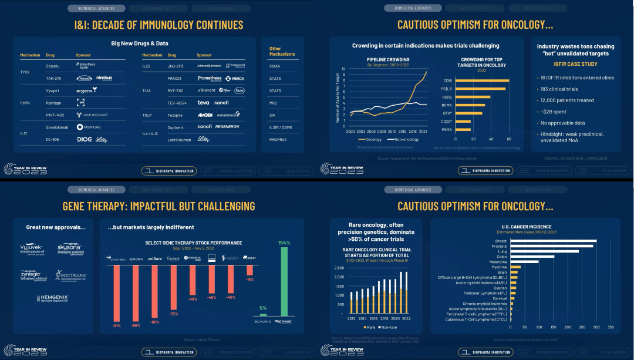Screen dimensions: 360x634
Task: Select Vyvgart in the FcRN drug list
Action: (53, 90)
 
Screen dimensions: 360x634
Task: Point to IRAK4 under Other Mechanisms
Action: (275, 66)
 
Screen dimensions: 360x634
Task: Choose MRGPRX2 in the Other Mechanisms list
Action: (277, 140)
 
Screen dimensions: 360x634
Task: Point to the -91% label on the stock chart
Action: (117, 324)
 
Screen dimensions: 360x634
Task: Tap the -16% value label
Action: (249, 280)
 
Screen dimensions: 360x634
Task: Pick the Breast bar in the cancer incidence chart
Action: (554, 240)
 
